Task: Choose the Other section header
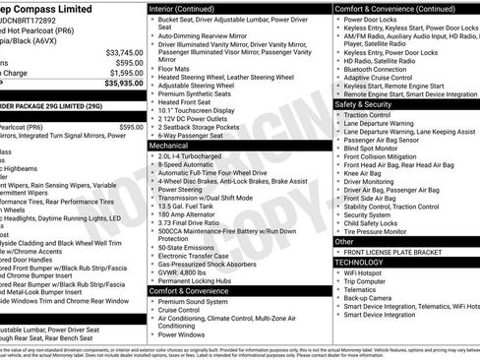345,241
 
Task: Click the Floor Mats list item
174,70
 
